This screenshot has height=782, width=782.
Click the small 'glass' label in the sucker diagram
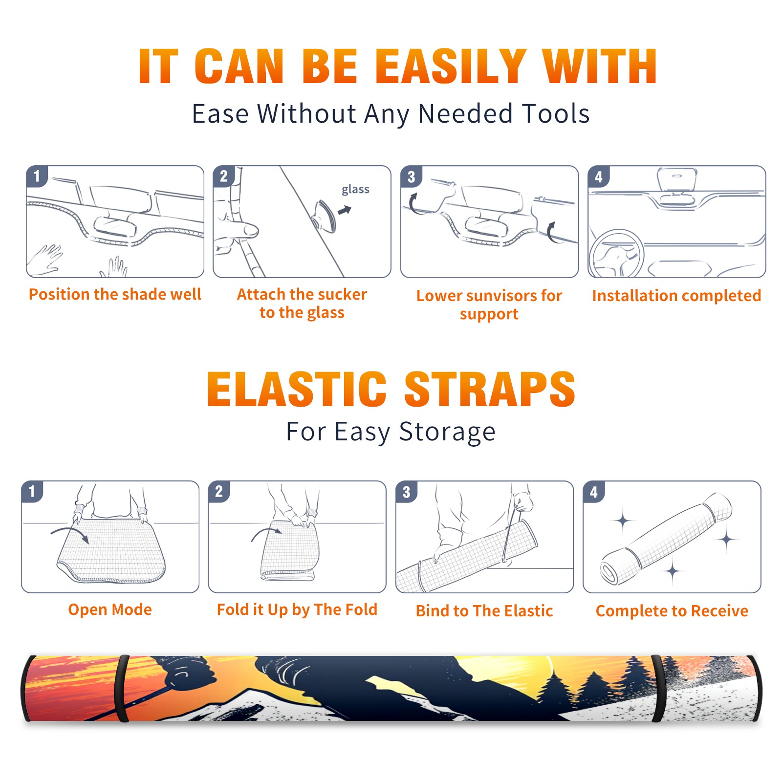pyautogui.click(x=355, y=190)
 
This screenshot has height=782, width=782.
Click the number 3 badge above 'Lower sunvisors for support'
pyautogui.click(x=411, y=176)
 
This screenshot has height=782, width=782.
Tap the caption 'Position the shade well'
pyautogui.click(x=115, y=294)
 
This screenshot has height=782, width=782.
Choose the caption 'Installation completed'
pyautogui.click(x=676, y=295)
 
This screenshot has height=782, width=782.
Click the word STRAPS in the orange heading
pyautogui.click(x=490, y=389)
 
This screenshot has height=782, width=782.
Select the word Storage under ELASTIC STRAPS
pyautogui.click(x=447, y=432)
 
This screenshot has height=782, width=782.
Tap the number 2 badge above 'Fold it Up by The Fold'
pyautogui.click(x=219, y=491)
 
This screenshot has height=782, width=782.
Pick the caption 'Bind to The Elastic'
pyautogui.click(x=484, y=611)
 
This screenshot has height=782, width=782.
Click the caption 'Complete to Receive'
pyautogui.click(x=672, y=611)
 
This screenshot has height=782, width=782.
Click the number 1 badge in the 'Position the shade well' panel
pyautogui.click(x=37, y=176)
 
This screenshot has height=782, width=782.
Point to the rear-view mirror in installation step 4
pyautogui.click(x=676, y=180)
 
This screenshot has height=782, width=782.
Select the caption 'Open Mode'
pyautogui.click(x=110, y=610)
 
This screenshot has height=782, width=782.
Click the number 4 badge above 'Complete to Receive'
pyautogui.click(x=594, y=492)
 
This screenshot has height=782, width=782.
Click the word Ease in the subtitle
pyautogui.click(x=220, y=113)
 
